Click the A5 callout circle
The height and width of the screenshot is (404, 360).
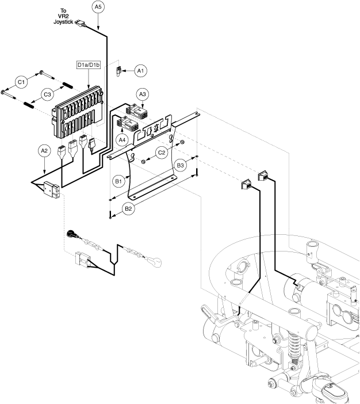98,7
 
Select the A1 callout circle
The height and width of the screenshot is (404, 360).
140,71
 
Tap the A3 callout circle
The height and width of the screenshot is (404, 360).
143,94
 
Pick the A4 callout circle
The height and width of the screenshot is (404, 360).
122,140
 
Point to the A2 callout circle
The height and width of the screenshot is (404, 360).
44,151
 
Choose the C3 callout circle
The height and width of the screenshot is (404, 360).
47,94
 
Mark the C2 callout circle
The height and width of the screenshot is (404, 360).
162,153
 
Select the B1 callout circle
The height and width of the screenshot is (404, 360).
118,181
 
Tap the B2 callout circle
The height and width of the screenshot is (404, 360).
128,208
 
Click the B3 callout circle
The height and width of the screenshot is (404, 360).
180,165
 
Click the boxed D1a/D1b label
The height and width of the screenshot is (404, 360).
89,64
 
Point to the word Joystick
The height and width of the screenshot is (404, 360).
63,22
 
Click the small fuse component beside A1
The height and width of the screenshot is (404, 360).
118,71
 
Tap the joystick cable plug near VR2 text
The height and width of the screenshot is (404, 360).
81,23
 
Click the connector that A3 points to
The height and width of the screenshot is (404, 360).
137,112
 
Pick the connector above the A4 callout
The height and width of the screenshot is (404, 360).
128,123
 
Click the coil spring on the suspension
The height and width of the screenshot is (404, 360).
294,347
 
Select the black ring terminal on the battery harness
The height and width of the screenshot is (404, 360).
71,234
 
